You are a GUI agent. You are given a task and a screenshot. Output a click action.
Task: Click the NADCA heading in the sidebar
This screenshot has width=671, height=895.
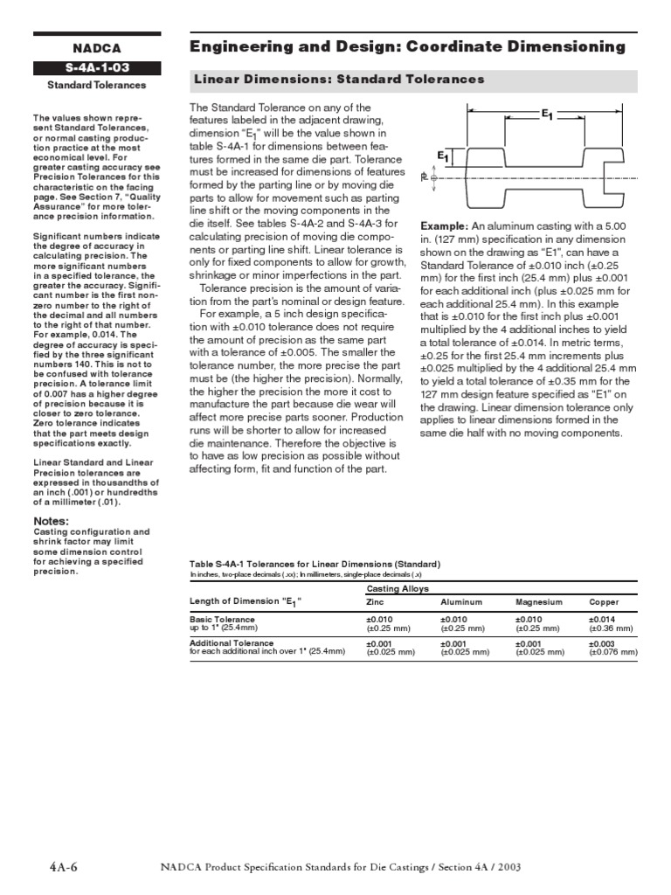96,49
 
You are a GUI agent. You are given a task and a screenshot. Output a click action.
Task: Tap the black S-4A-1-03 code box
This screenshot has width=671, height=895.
96,68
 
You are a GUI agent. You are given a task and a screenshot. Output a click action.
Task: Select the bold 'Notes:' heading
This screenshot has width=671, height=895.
52,522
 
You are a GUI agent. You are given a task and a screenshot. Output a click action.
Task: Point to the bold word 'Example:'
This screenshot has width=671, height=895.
444,225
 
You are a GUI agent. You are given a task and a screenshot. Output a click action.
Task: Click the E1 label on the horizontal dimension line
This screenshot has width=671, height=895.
548,114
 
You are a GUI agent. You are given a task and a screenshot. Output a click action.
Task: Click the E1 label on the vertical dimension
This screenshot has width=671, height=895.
443,156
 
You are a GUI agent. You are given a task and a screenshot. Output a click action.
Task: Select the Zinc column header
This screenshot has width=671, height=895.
375,602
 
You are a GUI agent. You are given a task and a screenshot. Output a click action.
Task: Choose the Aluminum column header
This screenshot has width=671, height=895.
461,602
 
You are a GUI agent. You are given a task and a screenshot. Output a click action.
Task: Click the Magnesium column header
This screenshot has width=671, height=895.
539,602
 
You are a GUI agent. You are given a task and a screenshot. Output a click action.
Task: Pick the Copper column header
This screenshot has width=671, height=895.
604,602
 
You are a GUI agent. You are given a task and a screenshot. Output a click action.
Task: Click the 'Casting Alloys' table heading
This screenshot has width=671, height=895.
398,589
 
